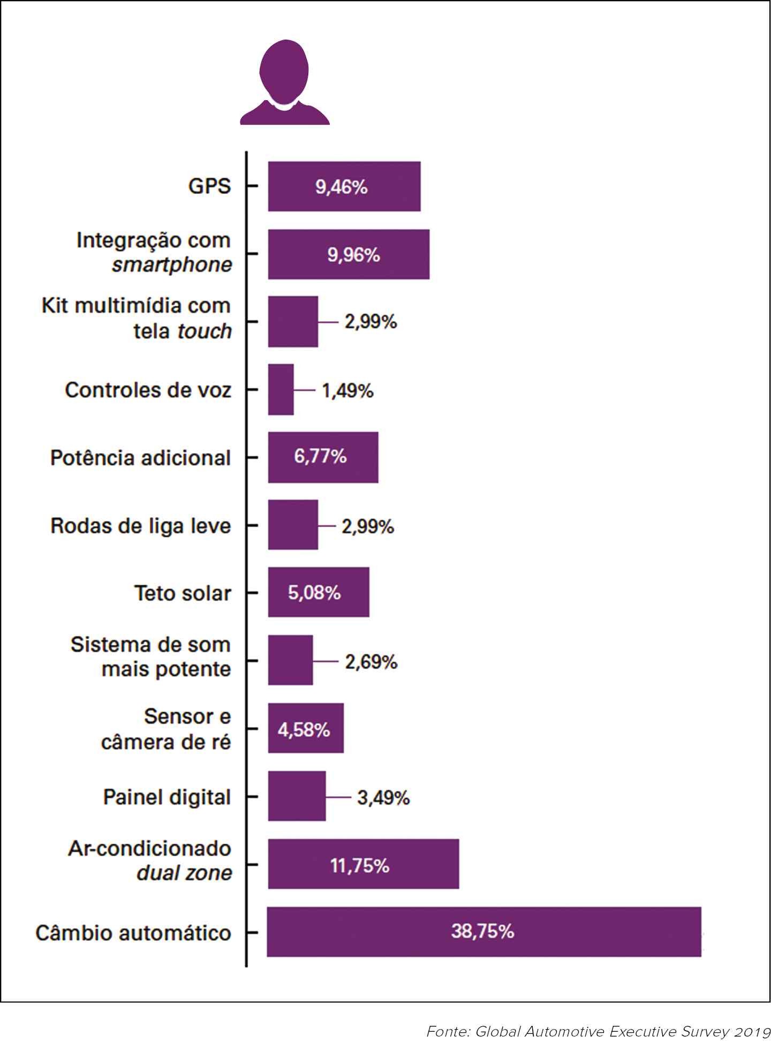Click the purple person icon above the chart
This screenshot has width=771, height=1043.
tap(284, 83)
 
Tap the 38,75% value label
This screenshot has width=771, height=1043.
tap(482, 931)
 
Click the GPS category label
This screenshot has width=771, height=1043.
tap(209, 186)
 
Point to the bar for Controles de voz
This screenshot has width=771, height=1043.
tap(281, 389)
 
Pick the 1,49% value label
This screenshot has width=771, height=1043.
tap(347, 391)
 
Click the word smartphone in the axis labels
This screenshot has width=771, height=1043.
tap(172, 265)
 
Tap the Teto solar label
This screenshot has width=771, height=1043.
tap(183, 593)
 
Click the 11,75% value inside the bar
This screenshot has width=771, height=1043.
tap(360, 866)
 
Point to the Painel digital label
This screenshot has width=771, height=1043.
tap(167, 797)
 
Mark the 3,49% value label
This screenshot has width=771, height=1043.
tap(383, 798)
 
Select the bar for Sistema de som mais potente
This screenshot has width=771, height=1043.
tap(290, 660)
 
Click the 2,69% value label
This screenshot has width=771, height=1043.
tap(371, 662)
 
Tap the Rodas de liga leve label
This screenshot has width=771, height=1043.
tap(141, 526)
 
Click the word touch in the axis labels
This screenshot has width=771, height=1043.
tap(205, 331)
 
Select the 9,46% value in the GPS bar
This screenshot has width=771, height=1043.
tap(342, 187)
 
